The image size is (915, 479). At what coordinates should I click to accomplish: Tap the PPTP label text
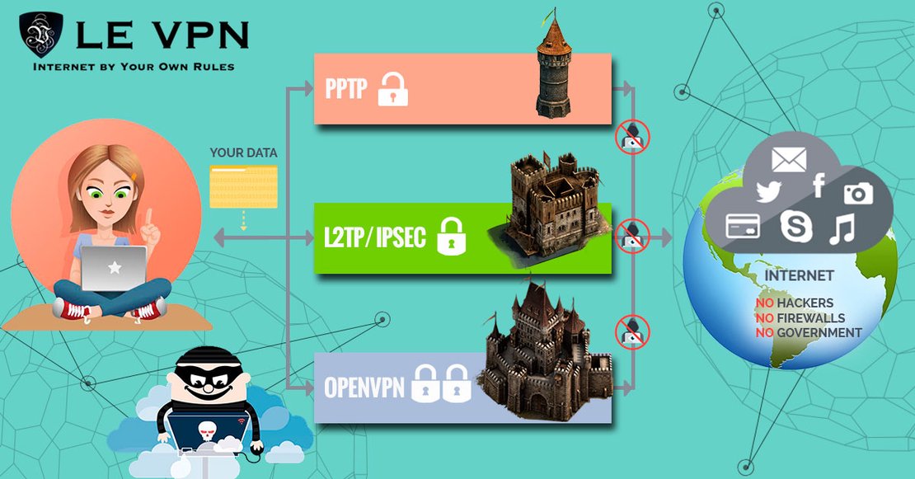[345, 89]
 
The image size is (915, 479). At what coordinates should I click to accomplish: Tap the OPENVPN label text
[364, 386]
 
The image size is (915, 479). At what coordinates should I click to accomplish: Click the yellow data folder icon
[242, 185]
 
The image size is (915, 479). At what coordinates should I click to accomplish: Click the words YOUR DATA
[243, 153]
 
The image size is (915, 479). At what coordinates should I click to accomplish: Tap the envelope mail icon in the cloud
[789, 159]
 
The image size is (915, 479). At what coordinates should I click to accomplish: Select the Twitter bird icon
[768, 193]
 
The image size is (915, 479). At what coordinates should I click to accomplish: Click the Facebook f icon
[819, 186]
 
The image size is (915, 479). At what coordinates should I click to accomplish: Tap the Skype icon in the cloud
[795, 227]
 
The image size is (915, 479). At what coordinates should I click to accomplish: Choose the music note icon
[843, 228]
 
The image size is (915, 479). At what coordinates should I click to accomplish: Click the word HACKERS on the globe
[805, 303]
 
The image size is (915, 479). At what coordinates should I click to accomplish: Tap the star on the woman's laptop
[114, 269]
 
